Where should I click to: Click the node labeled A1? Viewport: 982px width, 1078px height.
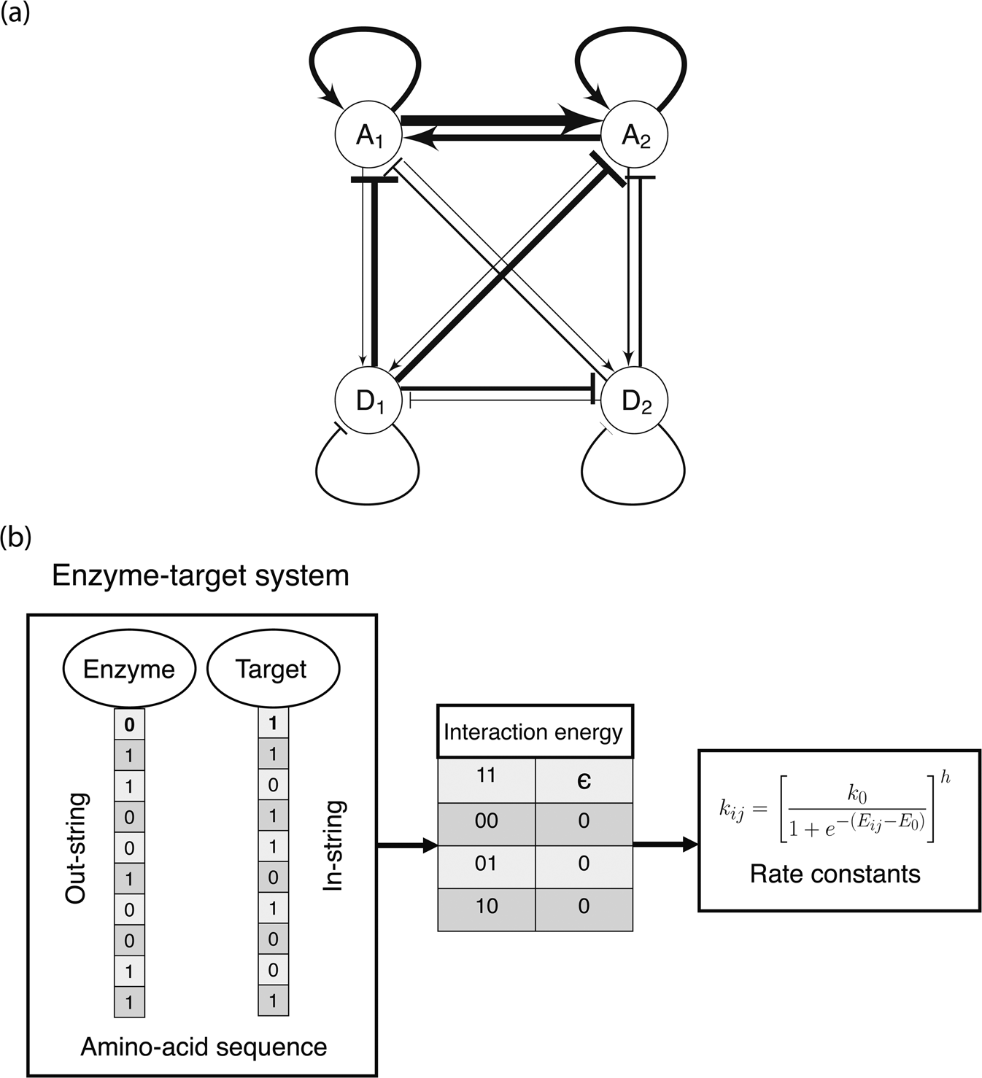pyautogui.click(x=368, y=136)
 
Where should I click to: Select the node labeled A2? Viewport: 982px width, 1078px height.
pyautogui.click(x=634, y=136)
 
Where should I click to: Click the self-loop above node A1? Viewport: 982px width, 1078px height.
pyautogui.click(x=363, y=36)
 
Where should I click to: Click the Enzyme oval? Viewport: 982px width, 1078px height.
pyautogui.click(x=129, y=670)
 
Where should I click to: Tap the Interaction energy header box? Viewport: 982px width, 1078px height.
pyautogui.click(x=534, y=732)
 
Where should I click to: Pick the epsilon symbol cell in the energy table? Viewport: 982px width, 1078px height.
pyautogui.click(x=584, y=780)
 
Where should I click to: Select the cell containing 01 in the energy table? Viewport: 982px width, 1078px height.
pyautogui.click(x=486, y=864)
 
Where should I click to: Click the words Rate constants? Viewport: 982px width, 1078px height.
pyautogui.click(x=835, y=873)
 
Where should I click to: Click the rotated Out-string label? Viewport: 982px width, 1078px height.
pyautogui.click(x=76, y=848)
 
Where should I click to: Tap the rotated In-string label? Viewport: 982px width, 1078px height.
pyautogui.click(x=333, y=846)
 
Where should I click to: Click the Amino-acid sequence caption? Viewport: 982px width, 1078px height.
pyautogui.click(x=204, y=1047)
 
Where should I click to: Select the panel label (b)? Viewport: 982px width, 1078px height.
pyautogui.click(x=15, y=538)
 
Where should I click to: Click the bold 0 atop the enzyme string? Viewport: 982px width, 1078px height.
pyautogui.click(x=129, y=726)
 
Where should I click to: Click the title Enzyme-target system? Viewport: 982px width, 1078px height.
pyautogui.click(x=201, y=576)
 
